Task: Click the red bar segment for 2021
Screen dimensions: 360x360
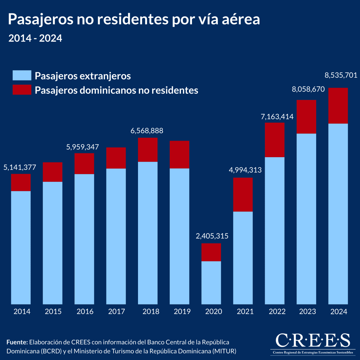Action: (243, 194)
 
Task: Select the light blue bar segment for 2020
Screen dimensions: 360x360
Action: (211, 282)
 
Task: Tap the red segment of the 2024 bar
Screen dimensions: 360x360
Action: (338, 106)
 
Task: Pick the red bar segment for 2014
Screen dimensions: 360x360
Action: (21, 182)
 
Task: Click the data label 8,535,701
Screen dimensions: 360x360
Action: (341, 75)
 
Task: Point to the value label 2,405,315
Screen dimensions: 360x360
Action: (212, 236)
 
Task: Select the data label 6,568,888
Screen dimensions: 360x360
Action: (147, 131)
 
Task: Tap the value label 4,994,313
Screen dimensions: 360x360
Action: (245, 170)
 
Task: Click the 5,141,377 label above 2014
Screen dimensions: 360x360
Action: (20, 167)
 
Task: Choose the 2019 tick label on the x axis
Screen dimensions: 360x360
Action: (182, 311)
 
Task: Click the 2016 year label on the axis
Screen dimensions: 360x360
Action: (85, 311)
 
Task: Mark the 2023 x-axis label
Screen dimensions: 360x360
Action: (307, 311)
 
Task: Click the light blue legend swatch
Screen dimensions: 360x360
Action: (22, 75)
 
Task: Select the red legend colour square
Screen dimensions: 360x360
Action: (22, 90)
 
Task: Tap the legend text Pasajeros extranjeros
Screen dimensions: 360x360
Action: (83, 76)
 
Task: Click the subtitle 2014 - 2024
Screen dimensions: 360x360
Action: (35, 38)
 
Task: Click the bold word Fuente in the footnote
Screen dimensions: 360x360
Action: (17, 342)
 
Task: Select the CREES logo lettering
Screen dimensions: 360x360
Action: (313, 340)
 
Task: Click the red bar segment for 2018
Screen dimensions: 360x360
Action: (148, 150)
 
